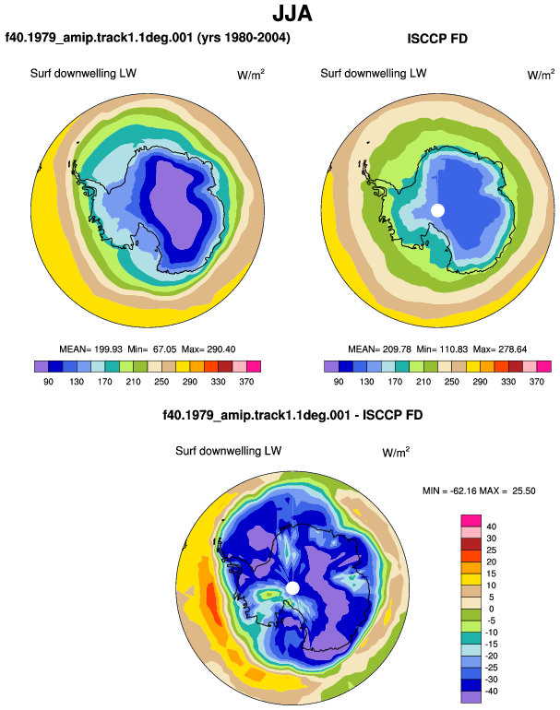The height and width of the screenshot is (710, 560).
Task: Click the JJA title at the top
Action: pos(292,13)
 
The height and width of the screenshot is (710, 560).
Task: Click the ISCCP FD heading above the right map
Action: pos(437,39)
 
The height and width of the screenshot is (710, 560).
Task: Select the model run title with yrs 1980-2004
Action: pos(148,38)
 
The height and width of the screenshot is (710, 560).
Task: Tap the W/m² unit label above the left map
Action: pos(251,75)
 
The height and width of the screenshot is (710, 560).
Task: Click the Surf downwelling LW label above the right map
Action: pos(374,74)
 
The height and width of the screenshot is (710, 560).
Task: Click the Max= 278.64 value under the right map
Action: pos(500,349)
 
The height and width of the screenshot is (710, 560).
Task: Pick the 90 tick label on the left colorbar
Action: pos(49,382)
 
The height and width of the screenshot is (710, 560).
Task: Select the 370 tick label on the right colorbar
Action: pos(536,382)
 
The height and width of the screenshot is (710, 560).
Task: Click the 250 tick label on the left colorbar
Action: pos(161,382)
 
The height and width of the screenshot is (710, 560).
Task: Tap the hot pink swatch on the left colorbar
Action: pos(254,366)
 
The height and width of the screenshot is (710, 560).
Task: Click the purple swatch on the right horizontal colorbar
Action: pos(331,366)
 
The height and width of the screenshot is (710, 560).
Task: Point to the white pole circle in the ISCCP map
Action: pos(437,210)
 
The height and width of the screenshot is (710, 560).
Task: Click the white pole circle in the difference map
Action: pos(292,588)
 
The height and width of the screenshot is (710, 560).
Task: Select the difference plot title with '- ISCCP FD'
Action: pos(292,415)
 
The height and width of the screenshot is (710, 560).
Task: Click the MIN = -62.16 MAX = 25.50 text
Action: pos(479,491)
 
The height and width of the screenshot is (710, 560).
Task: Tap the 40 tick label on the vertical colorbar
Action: pos(491,527)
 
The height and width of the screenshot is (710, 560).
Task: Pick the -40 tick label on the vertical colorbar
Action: pos(490,691)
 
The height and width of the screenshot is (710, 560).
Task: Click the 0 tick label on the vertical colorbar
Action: pos(491,609)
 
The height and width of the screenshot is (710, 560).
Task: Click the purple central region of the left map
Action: pos(176,204)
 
